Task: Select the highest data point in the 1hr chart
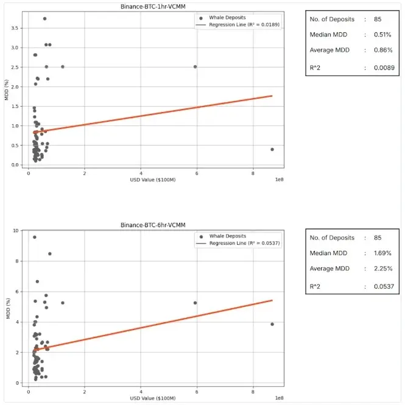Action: pos(44,19)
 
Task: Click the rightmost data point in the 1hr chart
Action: pos(272,149)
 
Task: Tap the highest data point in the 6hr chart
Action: pos(34,237)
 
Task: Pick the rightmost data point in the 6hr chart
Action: pos(272,324)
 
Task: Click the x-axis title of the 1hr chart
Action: pos(150,180)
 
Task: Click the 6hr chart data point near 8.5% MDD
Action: pos(49,254)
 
